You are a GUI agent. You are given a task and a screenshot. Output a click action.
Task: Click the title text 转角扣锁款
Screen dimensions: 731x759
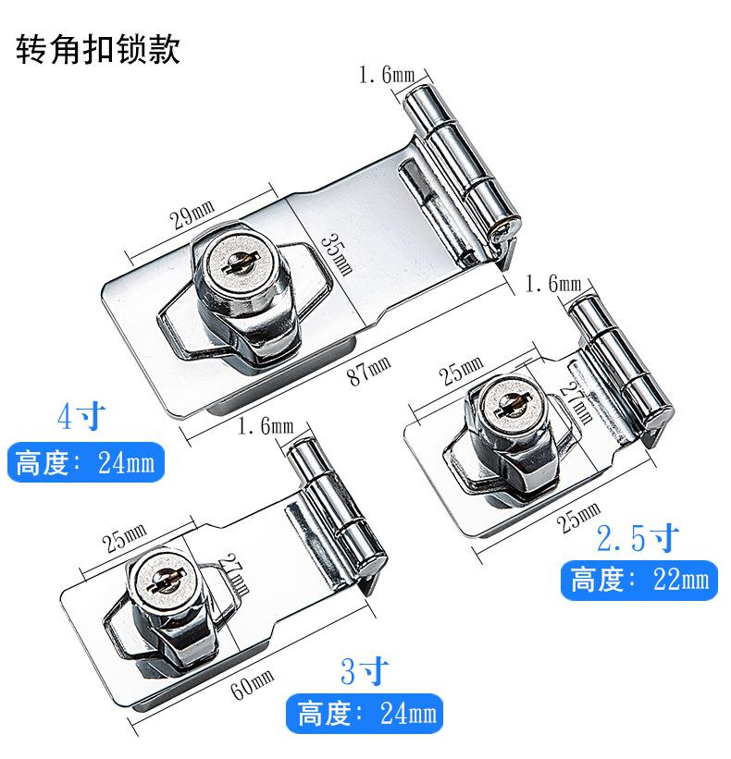(x=98, y=49)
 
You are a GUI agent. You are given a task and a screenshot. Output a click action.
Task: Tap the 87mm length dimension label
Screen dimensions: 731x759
(x=369, y=370)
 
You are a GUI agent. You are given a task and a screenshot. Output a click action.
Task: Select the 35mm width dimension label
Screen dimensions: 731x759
(x=337, y=254)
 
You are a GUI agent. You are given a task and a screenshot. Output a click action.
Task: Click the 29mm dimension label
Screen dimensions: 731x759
(x=192, y=214)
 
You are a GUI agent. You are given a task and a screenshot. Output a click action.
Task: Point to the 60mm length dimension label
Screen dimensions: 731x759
(x=252, y=684)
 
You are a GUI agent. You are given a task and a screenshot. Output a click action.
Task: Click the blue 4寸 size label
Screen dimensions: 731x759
(x=81, y=416)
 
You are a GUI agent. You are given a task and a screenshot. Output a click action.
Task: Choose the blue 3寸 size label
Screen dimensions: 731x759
(x=365, y=671)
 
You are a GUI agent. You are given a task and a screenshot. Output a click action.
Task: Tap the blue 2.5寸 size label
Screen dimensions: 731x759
(x=638, y=538)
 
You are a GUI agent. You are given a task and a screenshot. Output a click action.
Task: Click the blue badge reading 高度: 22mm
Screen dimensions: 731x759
(x=639, y=580)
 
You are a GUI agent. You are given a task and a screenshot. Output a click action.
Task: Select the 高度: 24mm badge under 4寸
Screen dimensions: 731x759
(x=86, y=462)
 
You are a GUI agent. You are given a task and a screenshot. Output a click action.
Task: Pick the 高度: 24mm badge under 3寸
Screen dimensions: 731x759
(x=365, y=714)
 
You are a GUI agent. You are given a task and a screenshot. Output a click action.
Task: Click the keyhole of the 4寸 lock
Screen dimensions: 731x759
(x=238, y=263)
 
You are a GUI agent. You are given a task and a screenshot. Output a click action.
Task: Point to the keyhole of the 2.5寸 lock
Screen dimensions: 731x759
(x=514, y=406)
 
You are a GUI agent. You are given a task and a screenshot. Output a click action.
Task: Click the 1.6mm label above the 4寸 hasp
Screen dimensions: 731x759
(x=387, y=75)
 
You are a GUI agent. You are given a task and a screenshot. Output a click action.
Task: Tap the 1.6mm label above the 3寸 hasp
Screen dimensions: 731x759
(x=266, y=426)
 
